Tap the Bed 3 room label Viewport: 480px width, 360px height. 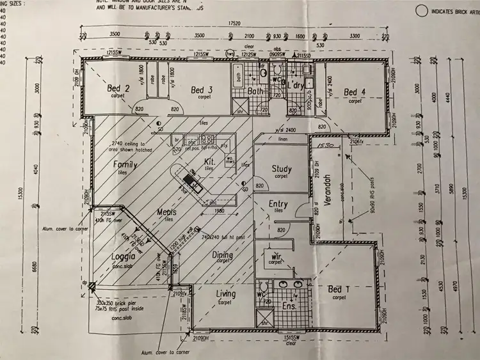[x=201, y=91]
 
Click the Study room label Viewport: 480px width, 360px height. [x=281, y=169]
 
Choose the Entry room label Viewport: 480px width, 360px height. [x=278, y=204]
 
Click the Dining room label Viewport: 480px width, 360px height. [x=223, y=254]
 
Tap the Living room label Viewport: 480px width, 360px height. [x=225, y=294]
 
